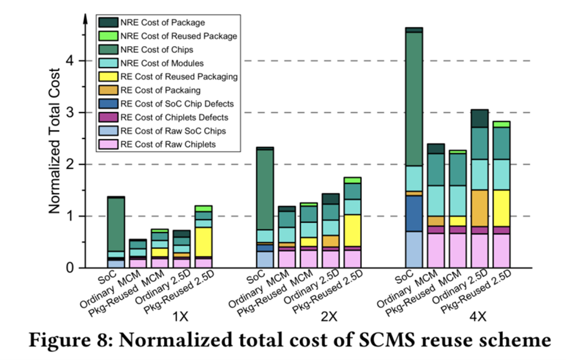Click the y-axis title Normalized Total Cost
(x=54, y=141)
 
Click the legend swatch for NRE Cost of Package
(x=108, y=22)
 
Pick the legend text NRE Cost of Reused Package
(x=179, y=36)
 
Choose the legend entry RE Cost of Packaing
(x=160, y=90)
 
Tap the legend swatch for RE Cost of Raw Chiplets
(x=108, y=144)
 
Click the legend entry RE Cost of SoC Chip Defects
(x=177, y=104)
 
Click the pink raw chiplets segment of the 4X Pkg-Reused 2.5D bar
(x=501, y=250)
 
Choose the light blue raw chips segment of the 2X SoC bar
(x=265, y=259)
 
